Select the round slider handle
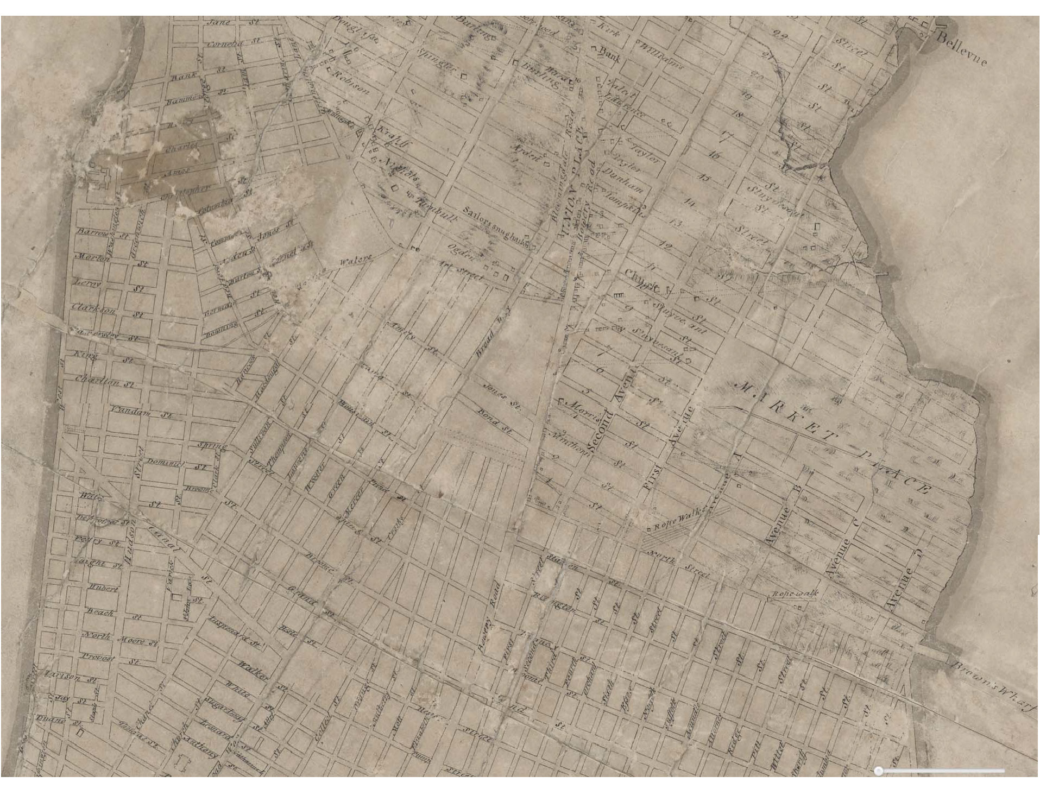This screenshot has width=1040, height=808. tap(879, 771)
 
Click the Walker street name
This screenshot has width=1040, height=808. tap(254, 671)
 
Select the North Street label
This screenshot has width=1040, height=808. tap(679, 564)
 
